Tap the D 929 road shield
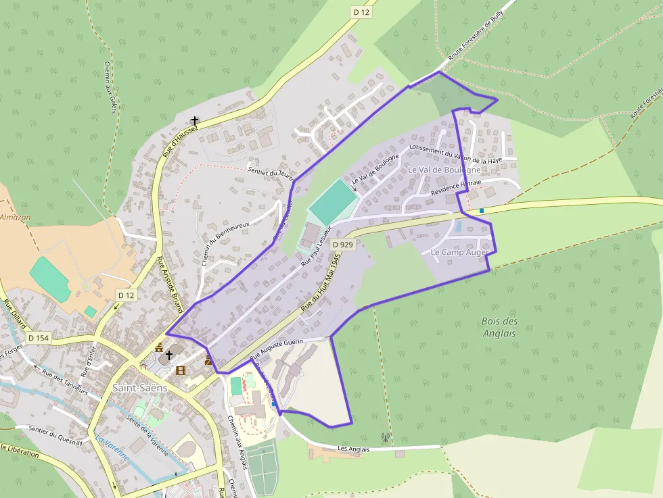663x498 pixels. coord(344,245)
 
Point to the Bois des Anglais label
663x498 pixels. coord(500,327)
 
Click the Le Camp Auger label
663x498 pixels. coord(460,252)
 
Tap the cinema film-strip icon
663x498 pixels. coord(181,370)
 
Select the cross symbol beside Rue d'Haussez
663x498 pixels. coord(195,120)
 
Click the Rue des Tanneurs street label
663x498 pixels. coord(65,382)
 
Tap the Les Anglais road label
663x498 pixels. coord(353,448)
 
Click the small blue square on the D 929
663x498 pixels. coord(482,211)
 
